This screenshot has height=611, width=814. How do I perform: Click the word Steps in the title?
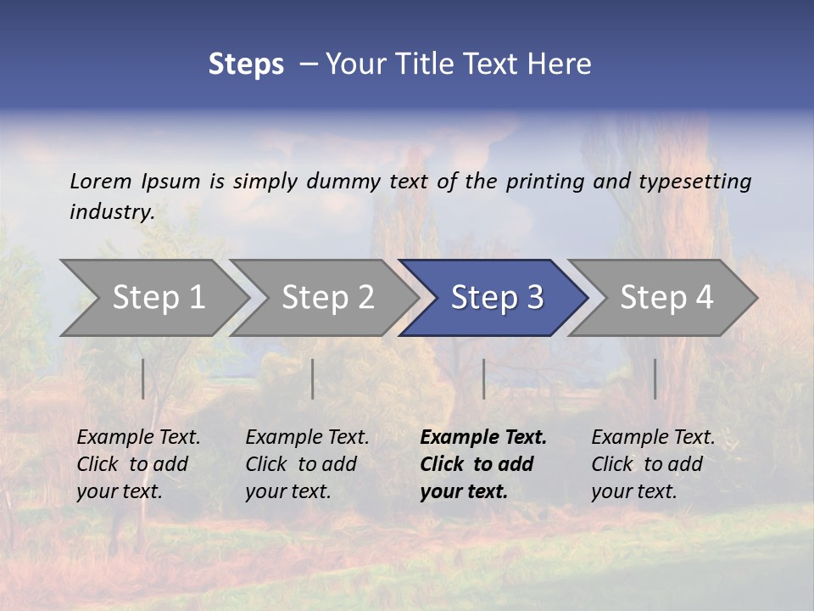coord(246,64)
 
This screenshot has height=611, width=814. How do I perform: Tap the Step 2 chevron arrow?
coord(327,298)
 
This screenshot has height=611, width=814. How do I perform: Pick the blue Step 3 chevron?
coord(497,298)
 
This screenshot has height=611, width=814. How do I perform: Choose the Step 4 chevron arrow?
coord(666,298)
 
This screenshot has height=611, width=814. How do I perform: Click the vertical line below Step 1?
coord(143,378)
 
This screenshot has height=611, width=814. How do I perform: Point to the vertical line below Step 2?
coord(313,378)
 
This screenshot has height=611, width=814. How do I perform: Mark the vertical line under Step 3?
coord(483,378)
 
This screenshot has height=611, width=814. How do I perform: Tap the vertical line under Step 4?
coord(655,378)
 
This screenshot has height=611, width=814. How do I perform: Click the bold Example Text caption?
coord(482,464)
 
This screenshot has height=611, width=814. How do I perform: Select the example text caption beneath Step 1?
coord(138,464)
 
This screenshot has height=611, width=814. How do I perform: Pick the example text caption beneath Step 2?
coord(307,464)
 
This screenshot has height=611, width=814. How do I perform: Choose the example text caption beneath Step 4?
coord(653,464)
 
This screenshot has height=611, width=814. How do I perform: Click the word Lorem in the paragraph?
coord(101,181)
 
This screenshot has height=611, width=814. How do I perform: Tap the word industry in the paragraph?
coord(112,212)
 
